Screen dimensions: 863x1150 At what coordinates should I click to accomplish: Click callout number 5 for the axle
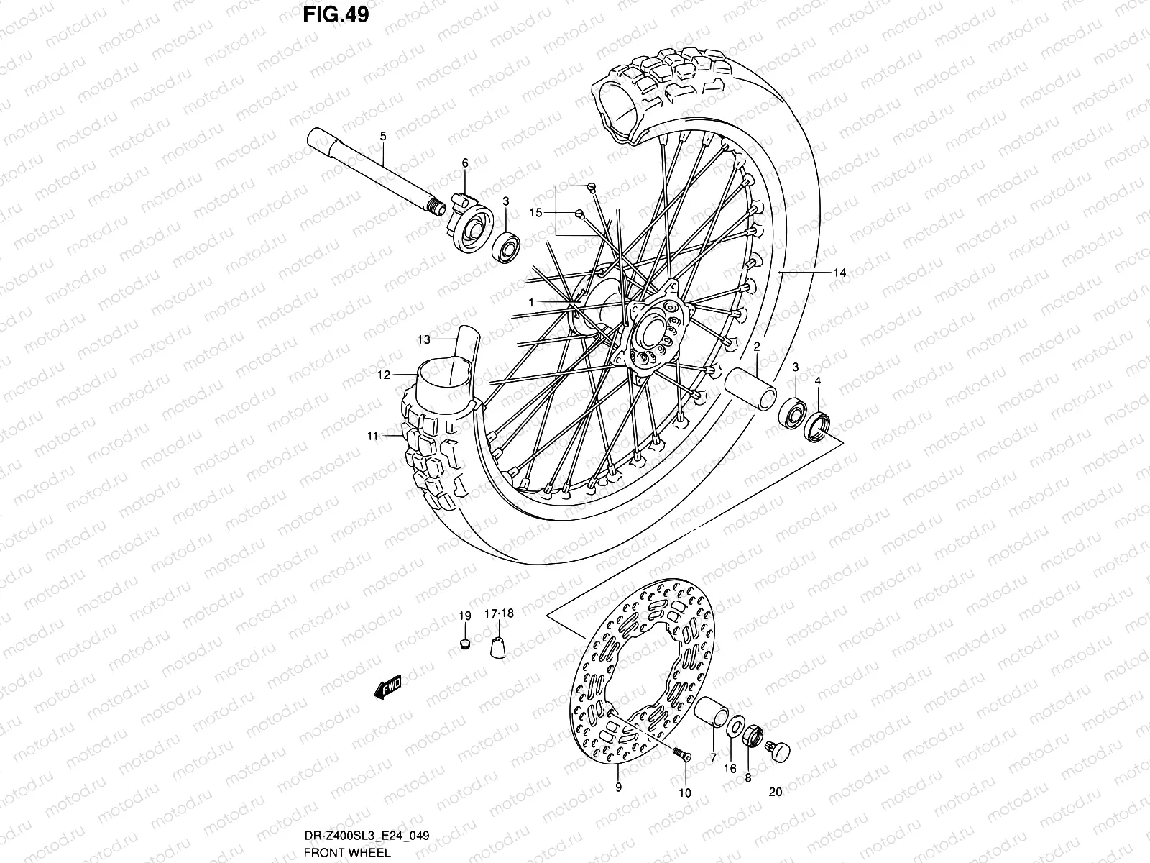(382, 137)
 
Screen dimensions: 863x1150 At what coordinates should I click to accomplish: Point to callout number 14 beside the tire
(839, 273)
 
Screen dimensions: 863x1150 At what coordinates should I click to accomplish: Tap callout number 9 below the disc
(618, 787)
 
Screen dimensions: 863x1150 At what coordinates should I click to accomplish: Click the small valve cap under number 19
(464, 641)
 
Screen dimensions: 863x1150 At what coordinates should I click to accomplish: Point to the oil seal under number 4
(819, 425)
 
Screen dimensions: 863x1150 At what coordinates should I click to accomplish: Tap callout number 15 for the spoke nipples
(534, 212)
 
